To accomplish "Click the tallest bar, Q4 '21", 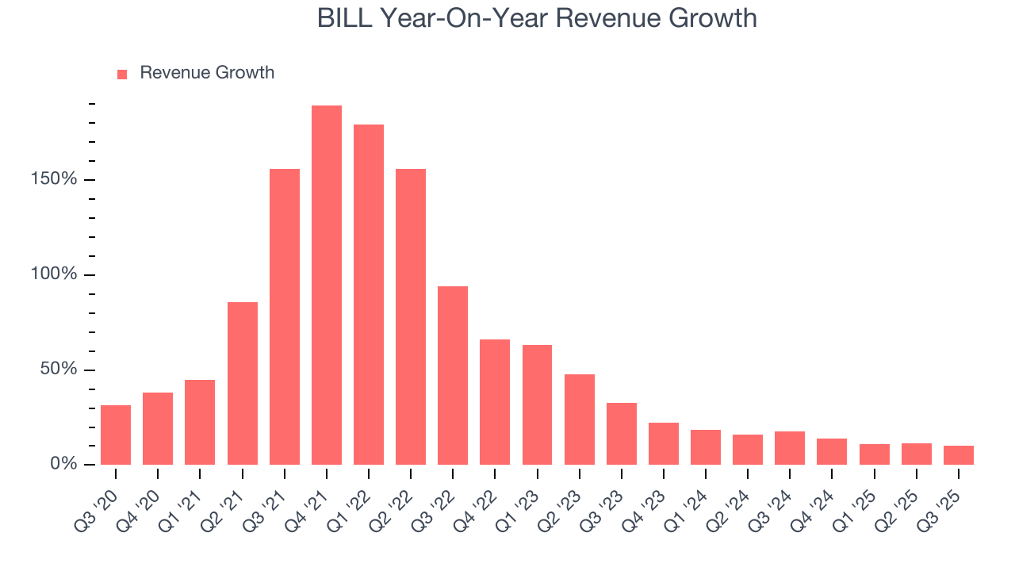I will coord(327,285).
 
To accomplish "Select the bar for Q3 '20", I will coord(116,435).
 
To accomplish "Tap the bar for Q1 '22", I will coord(369,295).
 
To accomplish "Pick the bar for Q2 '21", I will coord(243,383).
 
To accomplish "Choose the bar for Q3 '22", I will coord(453,375).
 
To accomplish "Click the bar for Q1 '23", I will coord(537,404).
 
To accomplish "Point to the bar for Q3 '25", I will coord(959,455).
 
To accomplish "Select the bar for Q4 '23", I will coord(664,443).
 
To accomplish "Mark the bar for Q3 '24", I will coord(790,448).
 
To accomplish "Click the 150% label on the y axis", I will coord(55,179).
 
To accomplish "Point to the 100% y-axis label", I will coord(55,274).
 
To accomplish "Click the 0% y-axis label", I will coord(63,464).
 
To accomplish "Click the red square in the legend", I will coord(122,75).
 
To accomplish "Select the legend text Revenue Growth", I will coord(207,73).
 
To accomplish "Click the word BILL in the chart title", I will coord(345,18).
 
